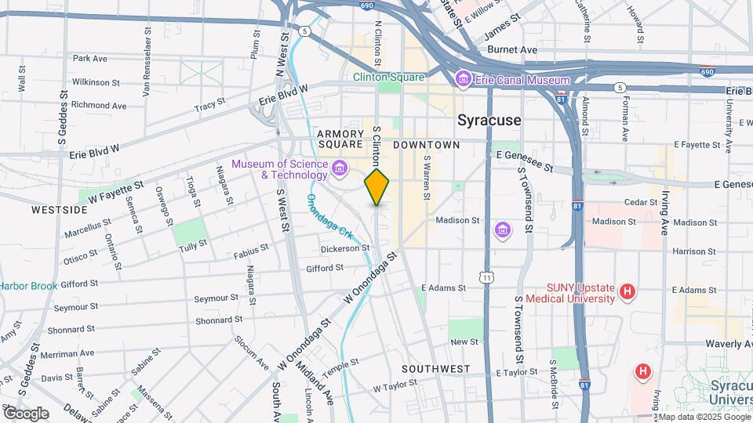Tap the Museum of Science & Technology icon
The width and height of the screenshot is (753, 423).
(x=340, y=168)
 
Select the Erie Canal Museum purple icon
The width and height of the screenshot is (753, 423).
(x=463, y=78)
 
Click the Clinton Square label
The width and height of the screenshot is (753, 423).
(x=388, y=78)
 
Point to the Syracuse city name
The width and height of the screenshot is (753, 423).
(x=489, y=121)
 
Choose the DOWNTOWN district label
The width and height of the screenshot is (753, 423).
(x=426, y=145)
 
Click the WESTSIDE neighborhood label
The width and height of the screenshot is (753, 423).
(x=59, y=210)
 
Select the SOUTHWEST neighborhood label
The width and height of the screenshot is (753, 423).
(x=435, y=368)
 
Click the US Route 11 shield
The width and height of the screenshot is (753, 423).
(x=487, y=278)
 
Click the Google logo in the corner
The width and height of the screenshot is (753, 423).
(x=26, y=413)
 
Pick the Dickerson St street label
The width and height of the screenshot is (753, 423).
(x=344, y=248)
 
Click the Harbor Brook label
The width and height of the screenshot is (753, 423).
(x=28, y=286)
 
